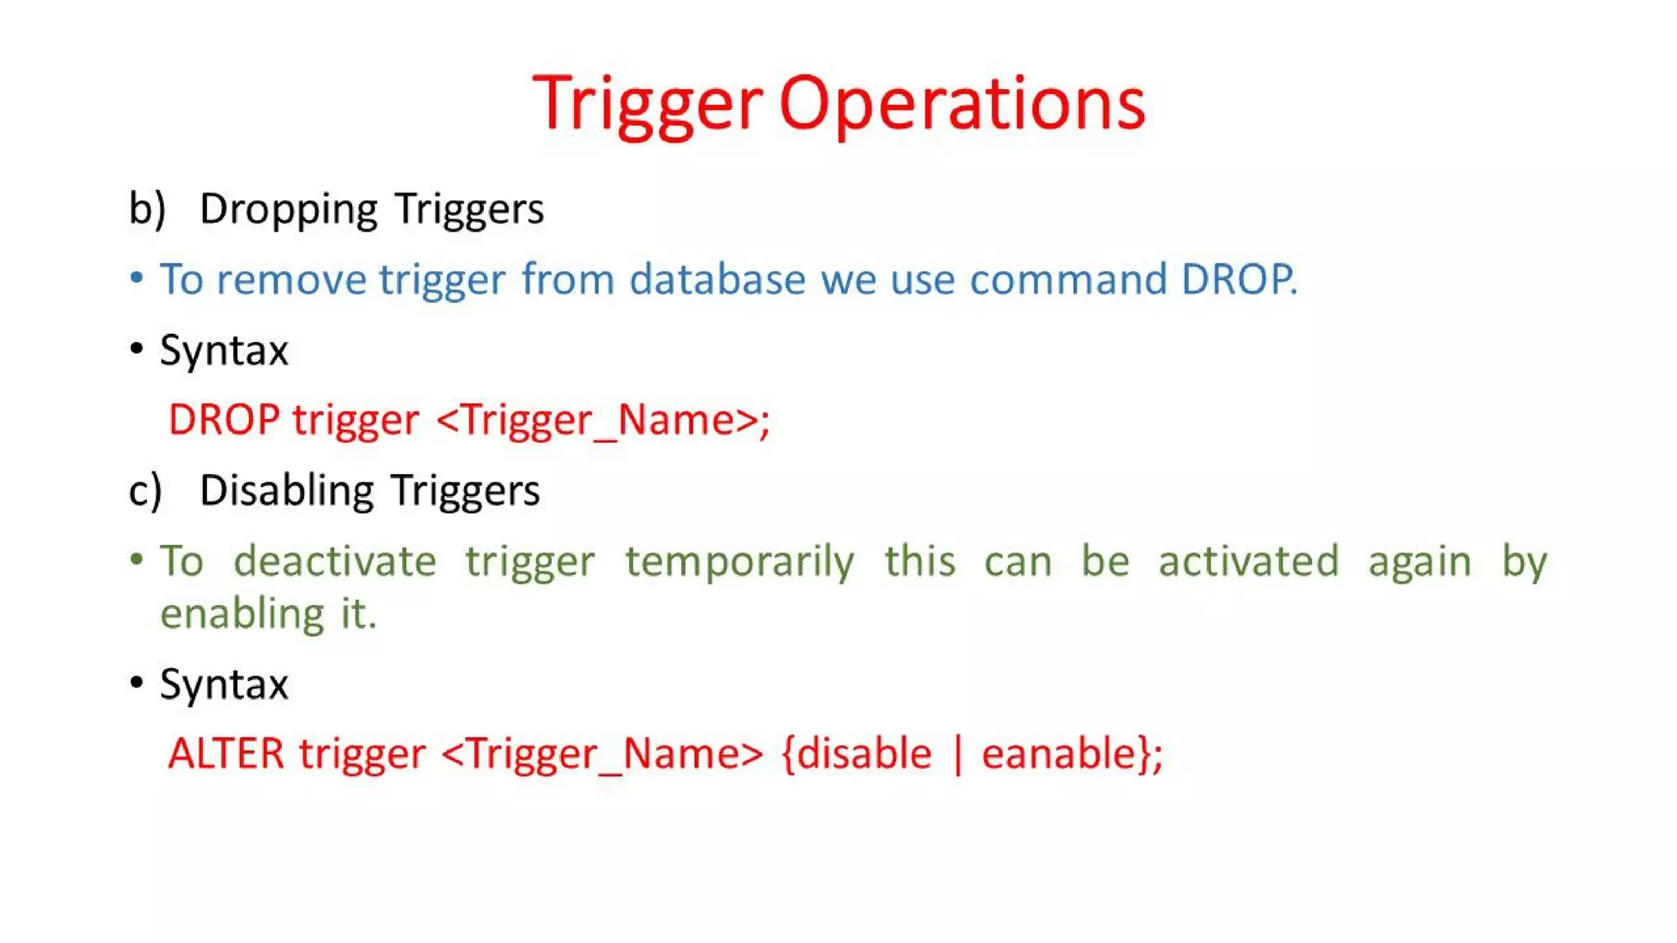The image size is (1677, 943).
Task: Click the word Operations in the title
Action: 961,104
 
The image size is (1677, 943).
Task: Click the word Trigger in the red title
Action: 647,104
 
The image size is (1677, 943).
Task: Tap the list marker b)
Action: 147,209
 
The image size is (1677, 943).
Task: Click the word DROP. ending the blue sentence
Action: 1239,279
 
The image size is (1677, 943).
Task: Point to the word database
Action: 717,279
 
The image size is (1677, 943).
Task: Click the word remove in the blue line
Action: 291,279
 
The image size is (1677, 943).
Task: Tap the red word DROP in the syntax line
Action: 224,420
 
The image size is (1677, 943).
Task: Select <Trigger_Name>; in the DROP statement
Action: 603,421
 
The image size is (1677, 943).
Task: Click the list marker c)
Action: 146,491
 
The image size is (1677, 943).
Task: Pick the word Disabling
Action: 287,491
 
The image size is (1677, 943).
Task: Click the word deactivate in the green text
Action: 335,562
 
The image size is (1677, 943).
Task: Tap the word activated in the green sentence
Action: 1248,562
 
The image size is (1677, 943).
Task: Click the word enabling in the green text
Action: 242,614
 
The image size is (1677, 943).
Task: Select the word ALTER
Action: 226,753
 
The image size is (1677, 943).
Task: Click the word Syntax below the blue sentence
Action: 224,351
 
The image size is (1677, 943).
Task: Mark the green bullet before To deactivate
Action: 137,560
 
